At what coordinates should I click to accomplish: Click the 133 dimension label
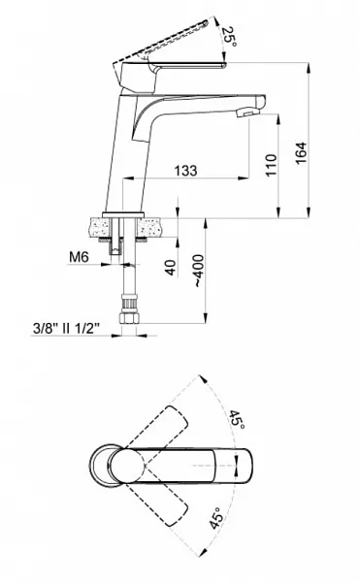coord(185,171)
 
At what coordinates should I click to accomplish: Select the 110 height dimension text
coord(272,166)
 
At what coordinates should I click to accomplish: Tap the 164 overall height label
coord(301,152)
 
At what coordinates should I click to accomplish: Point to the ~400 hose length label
coord(199,271)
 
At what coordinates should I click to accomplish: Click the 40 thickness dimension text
coord(170,268)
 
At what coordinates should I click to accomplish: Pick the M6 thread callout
coord(79,256)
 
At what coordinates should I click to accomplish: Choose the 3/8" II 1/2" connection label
coord(66,329)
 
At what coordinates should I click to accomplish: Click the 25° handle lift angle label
coord(229,37)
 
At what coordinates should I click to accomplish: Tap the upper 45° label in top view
coord(237,419)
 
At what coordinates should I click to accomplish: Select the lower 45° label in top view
coord(216,518)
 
